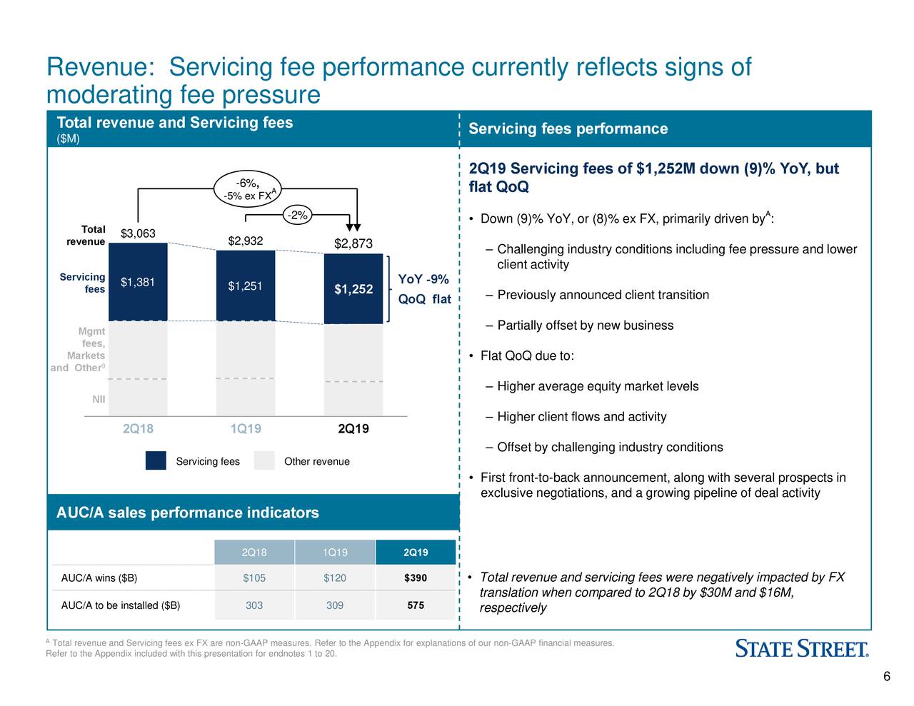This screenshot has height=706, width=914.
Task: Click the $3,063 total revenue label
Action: (x=138, y=234)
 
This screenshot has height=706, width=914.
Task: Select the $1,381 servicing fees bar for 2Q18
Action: (x=138, y=283)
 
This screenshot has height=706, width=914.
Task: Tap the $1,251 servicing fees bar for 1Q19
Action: (x=245, y=286)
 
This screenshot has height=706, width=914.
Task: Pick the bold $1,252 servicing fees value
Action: (x=353, y=289)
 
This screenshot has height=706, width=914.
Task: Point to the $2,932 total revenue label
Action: (x=245, y=241)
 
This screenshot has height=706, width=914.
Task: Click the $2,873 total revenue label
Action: (x=353, y=244)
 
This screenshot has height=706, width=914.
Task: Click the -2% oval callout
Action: (x=296, y=215)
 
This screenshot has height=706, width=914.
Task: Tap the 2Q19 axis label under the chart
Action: (x=353, y=429)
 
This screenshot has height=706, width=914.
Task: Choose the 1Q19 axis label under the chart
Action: (x=246, y=429)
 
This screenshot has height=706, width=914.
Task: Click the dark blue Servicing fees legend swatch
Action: (x=156, y=461)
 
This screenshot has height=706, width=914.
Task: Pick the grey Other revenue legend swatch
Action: (x=264, y=461)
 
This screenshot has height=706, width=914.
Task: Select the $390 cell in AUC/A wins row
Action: (x=415, y=578)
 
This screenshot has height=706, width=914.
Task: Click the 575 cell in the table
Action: (x=415, y=605)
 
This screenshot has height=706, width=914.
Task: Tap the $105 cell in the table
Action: (x=254, y=578)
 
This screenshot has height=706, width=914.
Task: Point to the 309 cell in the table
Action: (x=335, y=605)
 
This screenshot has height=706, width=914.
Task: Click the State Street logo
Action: (x=802, y=649)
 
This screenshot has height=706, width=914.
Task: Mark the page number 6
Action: (x=886, y=677)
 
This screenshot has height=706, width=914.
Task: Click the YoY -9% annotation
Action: (x=423, y=279)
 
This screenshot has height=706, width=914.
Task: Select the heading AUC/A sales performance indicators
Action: (x=188, y=513)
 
